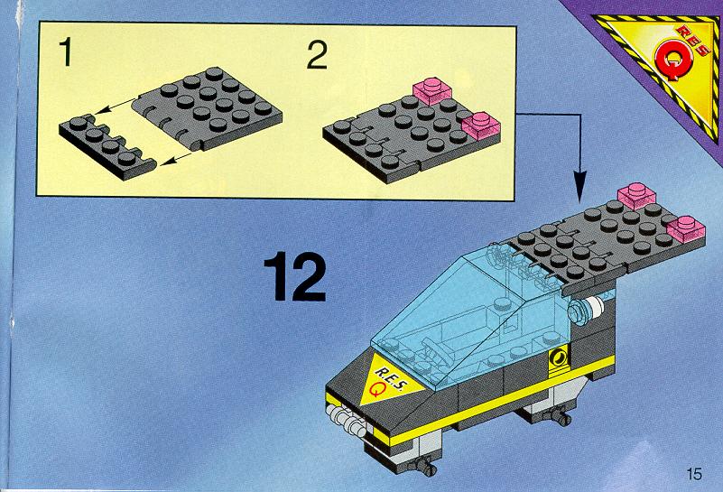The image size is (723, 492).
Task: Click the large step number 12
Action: coord(295,275)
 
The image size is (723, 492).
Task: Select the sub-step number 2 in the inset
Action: coord(317,55)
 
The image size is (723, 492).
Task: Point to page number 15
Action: coord(694,474)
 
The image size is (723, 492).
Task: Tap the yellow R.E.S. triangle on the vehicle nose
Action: coord(388,379)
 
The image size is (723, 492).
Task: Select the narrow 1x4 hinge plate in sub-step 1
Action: coord(107,147)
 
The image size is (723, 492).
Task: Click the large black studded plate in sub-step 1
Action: coord(207,109)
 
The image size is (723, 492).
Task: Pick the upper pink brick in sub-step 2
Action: coord(431,90)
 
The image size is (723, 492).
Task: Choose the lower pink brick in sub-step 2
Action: coord(481,125)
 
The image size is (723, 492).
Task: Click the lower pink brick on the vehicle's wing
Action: coord(686,228)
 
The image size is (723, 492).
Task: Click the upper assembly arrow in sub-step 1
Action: coord(116,104)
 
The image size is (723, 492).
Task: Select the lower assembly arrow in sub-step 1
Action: coord(175,158)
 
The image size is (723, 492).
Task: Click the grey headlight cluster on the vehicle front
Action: coord(345,419)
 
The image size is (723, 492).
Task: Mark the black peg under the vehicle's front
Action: coord(427,467)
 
